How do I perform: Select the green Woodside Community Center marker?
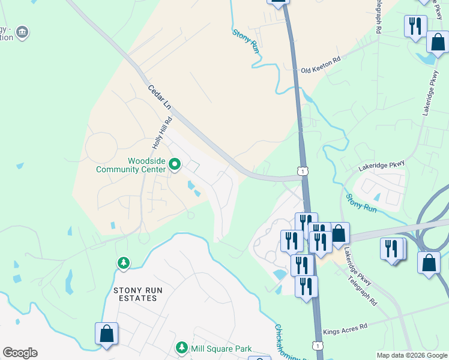pos(175,164)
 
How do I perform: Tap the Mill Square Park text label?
pos(221,349)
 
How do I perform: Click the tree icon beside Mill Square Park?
pos(181,348)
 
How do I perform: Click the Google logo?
pos(20,353)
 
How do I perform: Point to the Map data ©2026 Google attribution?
pos(412,355)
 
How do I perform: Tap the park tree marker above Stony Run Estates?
pos(124,263)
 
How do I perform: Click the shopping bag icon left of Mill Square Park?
pos(106,334)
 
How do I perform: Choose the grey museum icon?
pos(22,32)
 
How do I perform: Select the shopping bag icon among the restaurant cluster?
pos(339,233)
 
